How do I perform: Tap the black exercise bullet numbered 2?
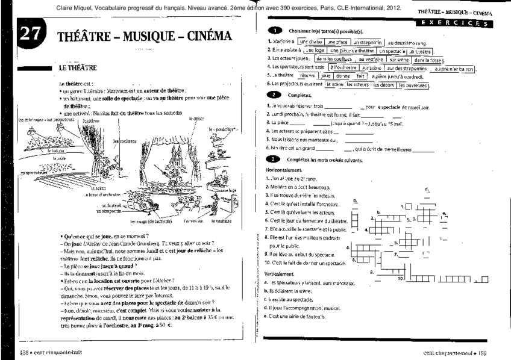(274, 95)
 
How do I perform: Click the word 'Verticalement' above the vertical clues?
(281, 273)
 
